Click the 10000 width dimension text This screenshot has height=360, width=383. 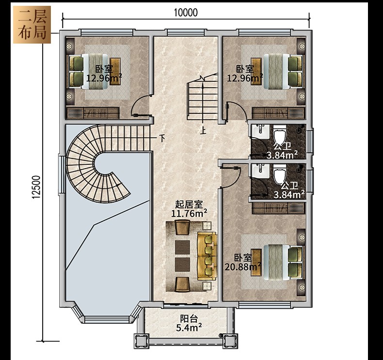[x=186, y=13]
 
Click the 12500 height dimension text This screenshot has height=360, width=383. [x=36, y=187]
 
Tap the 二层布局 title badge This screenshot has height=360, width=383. [x=32, y=25]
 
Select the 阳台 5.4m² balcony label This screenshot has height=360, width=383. [x=189, y=323]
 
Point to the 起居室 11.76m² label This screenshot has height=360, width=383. [x=189, y=209]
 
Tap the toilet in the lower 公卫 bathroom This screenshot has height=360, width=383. [x=280, y=174]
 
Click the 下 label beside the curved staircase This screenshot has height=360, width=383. [x=162, y=138]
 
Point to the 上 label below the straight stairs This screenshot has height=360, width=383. [x=203, y=130]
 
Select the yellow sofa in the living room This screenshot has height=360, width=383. [x=207, y=256]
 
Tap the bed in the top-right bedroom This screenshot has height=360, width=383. [x=277, y=71]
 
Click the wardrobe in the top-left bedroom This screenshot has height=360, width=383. [x=93, y=113]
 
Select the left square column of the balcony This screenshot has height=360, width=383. [x=141, y=341]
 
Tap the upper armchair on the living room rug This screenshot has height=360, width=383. [x=182, y=227]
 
